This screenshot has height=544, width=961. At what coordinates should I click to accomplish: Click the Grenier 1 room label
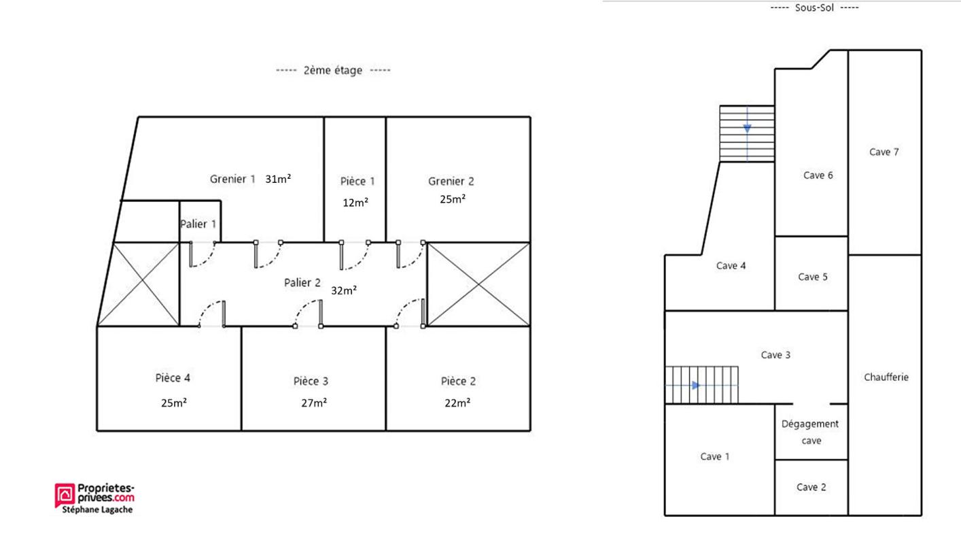(x=232, y=179)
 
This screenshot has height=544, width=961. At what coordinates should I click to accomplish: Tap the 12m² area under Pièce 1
(x=355, y=203)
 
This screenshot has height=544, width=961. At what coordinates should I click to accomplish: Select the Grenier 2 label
(x=451, y=181)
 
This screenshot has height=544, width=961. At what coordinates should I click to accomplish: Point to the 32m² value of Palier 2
(x=344, y=290)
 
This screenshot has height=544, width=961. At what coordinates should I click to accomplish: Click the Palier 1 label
(x=198, y=224)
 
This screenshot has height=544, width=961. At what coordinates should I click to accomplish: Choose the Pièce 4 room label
(x=173, y=378)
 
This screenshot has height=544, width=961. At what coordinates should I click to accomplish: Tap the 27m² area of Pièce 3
(x=314, y=403)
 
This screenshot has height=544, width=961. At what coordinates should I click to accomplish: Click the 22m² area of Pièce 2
(x=457, y=403)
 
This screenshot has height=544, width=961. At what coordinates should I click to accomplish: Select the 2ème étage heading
(x=333, y=70)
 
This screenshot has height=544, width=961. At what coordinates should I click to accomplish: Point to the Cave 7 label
(x=884, y=152)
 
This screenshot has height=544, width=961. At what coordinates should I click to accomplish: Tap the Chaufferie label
(x=886, y=377)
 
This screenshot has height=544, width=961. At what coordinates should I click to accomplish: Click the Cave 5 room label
(x=812, y=277)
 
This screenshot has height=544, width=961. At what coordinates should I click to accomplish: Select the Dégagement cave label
(x=810, y=432)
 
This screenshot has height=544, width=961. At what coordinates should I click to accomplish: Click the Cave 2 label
(x=811, y=487)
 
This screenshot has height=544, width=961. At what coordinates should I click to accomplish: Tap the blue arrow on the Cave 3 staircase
(x=695, y=386)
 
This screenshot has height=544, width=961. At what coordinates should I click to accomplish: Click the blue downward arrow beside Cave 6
(x=747, y=129)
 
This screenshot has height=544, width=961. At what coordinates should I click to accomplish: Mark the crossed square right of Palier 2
(x=478, y=284)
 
